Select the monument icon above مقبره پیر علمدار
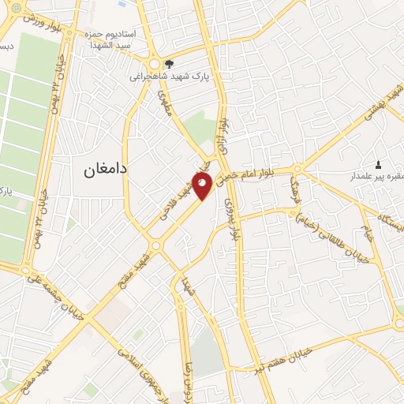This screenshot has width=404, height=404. [377, 164]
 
